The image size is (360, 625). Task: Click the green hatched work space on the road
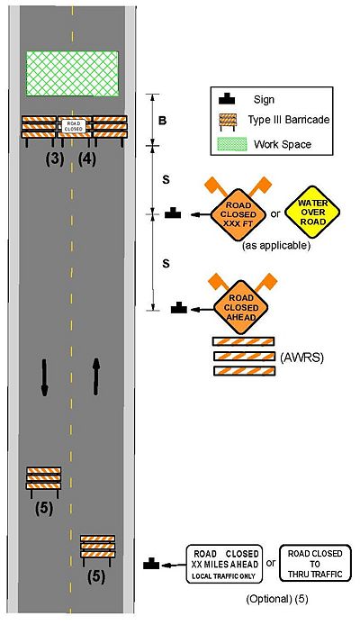pos(72,73)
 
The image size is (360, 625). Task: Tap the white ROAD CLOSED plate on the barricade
pos(74,126)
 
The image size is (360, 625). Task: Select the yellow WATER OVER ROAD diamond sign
pos(313,212)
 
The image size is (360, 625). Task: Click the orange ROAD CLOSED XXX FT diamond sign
pos(238,214)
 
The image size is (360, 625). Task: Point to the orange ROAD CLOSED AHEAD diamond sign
pos(241,308)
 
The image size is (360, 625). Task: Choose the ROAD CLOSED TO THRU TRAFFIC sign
pos(315,564)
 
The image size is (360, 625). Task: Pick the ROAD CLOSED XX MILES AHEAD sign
pos(225,564)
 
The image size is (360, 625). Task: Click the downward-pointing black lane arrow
pos(44,377)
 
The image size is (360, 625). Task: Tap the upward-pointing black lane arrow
pos(95,376)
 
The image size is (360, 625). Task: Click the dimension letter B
pos(163,121)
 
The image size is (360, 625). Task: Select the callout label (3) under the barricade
pos(55,159)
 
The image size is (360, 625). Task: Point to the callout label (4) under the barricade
pos(86,159)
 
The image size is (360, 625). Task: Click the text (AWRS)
pos(301,358)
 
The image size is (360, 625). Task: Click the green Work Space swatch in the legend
pos(232,144)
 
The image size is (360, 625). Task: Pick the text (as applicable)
pos(276,245)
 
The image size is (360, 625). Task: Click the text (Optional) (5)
pos(277,599)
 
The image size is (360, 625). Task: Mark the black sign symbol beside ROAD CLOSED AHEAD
pos(179,308)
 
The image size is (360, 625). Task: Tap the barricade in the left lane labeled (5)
pos(44,483)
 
